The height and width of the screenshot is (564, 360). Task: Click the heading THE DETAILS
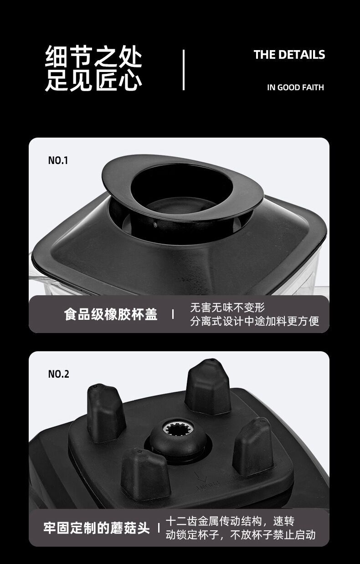(x=289, y=55)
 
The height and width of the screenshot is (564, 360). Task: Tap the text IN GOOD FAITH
(x=295, y=87)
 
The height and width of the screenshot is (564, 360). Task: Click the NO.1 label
(x=58, y=160)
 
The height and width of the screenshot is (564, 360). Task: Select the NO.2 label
(x=58, y=374)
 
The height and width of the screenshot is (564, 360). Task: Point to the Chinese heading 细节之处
(x=93, y=56)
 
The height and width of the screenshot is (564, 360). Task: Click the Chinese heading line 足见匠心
(x=93, y=80)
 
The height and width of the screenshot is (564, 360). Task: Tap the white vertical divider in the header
(x=184, y=70)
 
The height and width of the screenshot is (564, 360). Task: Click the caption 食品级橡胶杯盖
(x=111, y=314)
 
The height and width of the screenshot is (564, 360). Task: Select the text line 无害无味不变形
(x=227, y=308)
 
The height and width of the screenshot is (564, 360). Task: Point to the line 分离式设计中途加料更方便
(x=255, y=321)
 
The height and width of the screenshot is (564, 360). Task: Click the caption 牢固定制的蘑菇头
(x=97, y=528)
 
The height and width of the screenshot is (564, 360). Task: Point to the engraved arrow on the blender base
(x=202, y=477)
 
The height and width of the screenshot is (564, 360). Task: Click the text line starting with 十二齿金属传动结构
(x=230, y=521)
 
